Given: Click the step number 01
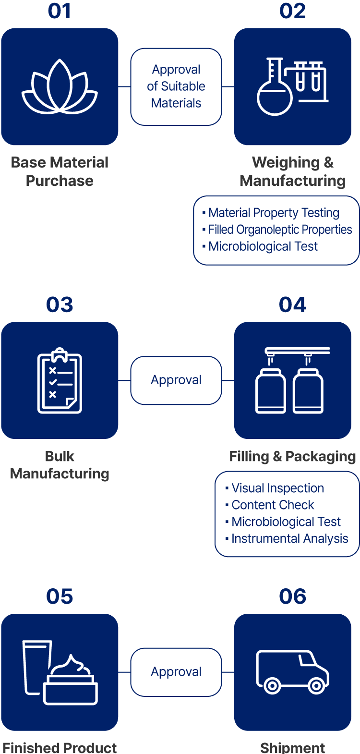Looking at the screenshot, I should (60, 11).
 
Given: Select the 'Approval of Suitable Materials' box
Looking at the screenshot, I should (176, 86).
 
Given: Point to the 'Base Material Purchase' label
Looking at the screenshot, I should (60, 171).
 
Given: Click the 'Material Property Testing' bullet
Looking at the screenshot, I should (274, 213).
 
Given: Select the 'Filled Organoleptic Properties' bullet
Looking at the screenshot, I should (280, 230).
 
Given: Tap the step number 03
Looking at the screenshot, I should (60, 305).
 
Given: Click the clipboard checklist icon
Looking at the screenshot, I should (60, 380).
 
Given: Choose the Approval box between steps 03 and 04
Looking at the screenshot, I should (176, 380).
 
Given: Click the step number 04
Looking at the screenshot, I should (292, 305).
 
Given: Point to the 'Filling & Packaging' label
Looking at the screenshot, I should (292, 456).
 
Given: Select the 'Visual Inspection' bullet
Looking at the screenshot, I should (277, 488).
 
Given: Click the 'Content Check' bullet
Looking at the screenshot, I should (273, 505).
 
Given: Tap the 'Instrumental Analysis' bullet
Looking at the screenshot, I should (289, 539).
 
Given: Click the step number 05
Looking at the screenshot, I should (60, 596).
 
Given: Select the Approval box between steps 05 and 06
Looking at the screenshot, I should (176, 672).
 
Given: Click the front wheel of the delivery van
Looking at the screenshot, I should (316, 686).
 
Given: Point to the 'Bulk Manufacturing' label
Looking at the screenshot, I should (60, 465).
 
